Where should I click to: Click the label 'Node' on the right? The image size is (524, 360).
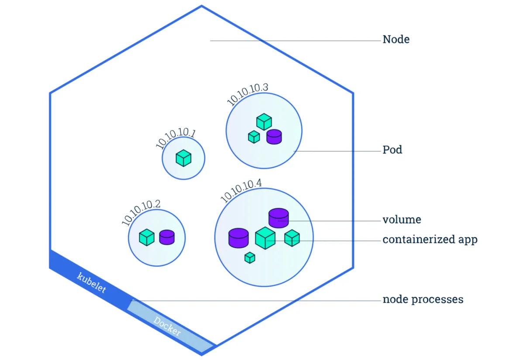coord(396,39)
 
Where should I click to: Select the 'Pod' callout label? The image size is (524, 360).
coord(392,150)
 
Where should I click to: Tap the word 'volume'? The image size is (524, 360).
coord(402,219)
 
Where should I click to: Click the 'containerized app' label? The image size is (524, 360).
coord(430,240)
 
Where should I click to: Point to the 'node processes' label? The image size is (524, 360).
coord(423,300)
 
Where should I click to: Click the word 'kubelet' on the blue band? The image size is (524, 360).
coord(92,282)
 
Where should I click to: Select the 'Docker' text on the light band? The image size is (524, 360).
coord(167,326)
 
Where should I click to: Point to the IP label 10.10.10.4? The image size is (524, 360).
coord(241,190)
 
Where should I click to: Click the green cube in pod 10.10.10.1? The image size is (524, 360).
coord(184,158)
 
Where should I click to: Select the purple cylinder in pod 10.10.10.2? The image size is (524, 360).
coord(167,237)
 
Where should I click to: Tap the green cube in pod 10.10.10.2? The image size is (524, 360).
coord(147,237)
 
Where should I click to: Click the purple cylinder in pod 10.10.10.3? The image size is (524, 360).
coord(274,137)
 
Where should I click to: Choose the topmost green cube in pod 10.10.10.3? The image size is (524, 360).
coord(264,122)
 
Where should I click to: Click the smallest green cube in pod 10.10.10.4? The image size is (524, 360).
coord(250,257)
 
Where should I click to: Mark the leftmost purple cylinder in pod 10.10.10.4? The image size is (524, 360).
coord(238,238)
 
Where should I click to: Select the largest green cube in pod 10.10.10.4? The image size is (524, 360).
coord(265,238)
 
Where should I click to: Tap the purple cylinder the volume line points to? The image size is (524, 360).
coord(279,218)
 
